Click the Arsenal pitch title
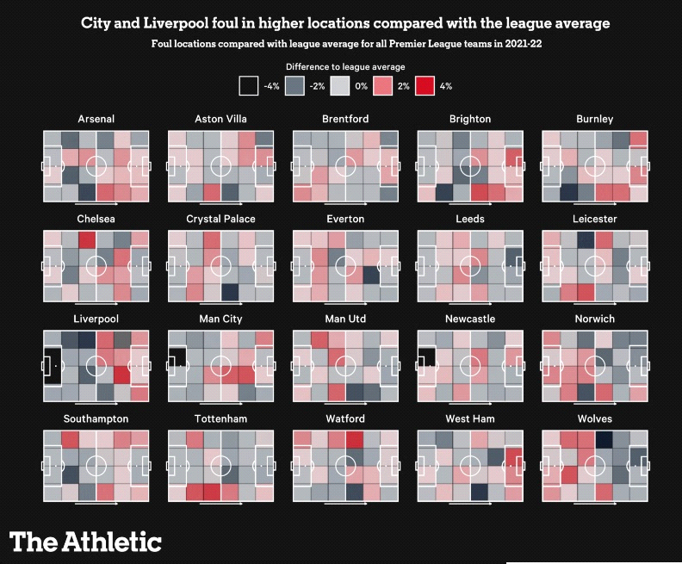[x=96, y=119]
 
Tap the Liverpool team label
[x=96, y=319]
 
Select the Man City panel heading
[x=220, y=319]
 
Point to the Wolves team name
[x=595, y=418]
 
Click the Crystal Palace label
[x=220, y=219]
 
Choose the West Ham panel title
[x=470, y=418]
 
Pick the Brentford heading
[x=345, y=119]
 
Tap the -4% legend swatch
[x=249, y=86]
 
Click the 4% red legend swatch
[x=425, y=86]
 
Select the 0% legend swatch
[x=340, y=86]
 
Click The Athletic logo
[x=85, y=542]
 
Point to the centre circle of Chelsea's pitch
[x=96, y=264]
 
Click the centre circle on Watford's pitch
[x=345, y=464]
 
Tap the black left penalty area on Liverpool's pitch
[x=52, y=364]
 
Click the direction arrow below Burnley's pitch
[x=595, y=204]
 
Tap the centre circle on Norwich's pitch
[x=595, y=364]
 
